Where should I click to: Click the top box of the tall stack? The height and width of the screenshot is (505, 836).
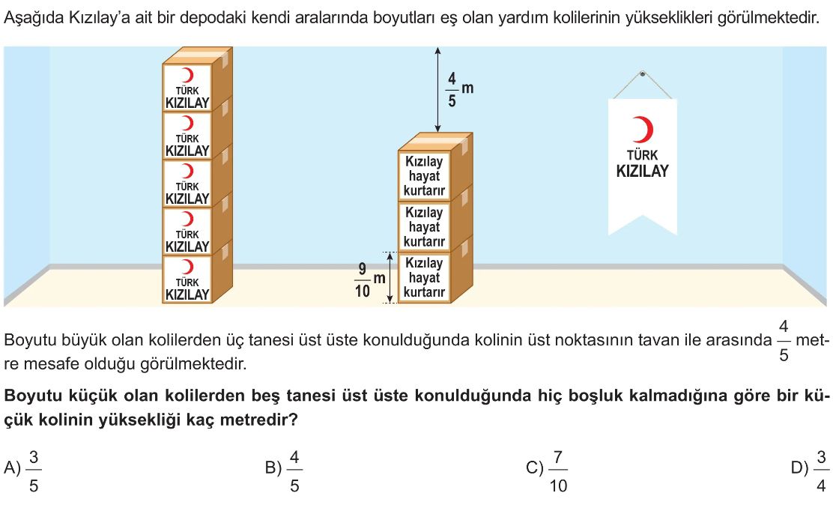tap(187, 87)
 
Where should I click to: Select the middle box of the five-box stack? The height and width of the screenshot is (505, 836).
tap(187, 183)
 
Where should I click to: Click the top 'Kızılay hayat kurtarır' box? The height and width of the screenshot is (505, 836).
tap(424, 175)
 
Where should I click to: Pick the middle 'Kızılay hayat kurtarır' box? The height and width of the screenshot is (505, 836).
tap(424, 227)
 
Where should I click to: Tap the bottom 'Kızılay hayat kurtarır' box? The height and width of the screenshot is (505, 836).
tap(424, 277)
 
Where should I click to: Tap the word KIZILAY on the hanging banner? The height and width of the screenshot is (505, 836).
tap(642, 171)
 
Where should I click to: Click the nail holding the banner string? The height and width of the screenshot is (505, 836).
tap(642, 73)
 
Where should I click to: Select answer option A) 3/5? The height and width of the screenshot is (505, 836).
tap(27, 471)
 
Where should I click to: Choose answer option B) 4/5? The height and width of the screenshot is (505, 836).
tap(285, 471)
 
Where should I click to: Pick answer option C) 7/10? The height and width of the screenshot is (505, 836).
tap(547, 471)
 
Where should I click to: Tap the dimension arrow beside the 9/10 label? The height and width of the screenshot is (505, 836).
tap(390, 278)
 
